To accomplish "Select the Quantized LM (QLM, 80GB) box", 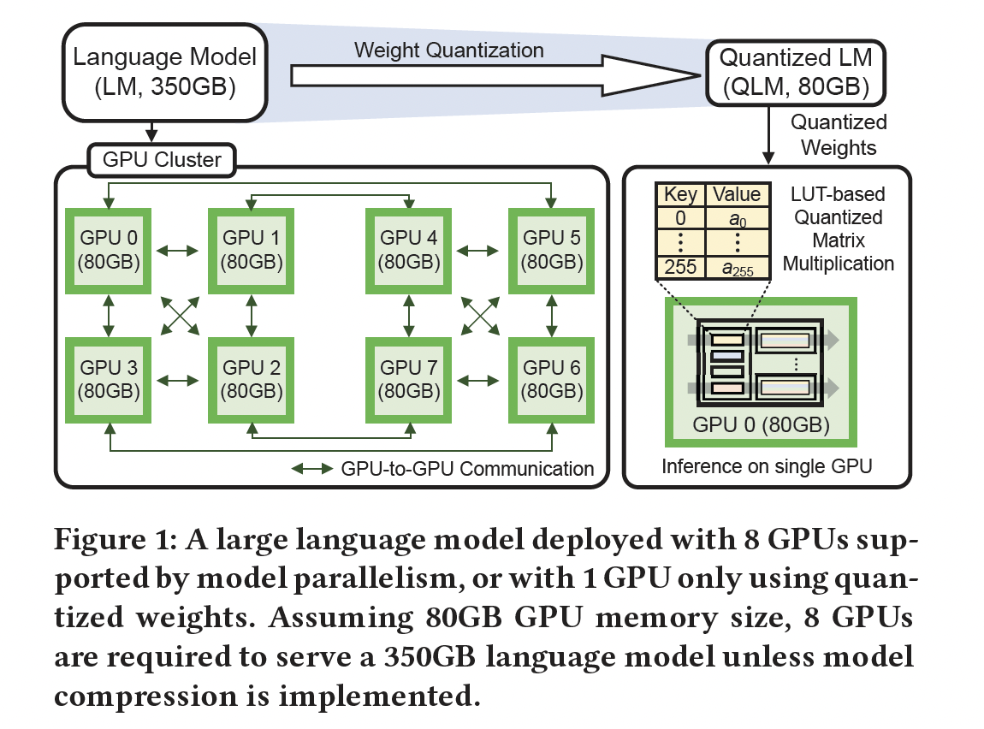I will [795, 73].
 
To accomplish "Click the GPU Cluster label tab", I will [162, 159].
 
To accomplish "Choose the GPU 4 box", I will [408, 249].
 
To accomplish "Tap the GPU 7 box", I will [408, 379].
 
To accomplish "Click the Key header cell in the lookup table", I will [680, 194].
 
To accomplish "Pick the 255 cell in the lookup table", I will [680, 268].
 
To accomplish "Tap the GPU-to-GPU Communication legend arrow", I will [312, 469].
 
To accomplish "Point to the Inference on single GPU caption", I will [768, 467].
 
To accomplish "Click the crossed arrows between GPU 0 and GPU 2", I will [180, 314].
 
